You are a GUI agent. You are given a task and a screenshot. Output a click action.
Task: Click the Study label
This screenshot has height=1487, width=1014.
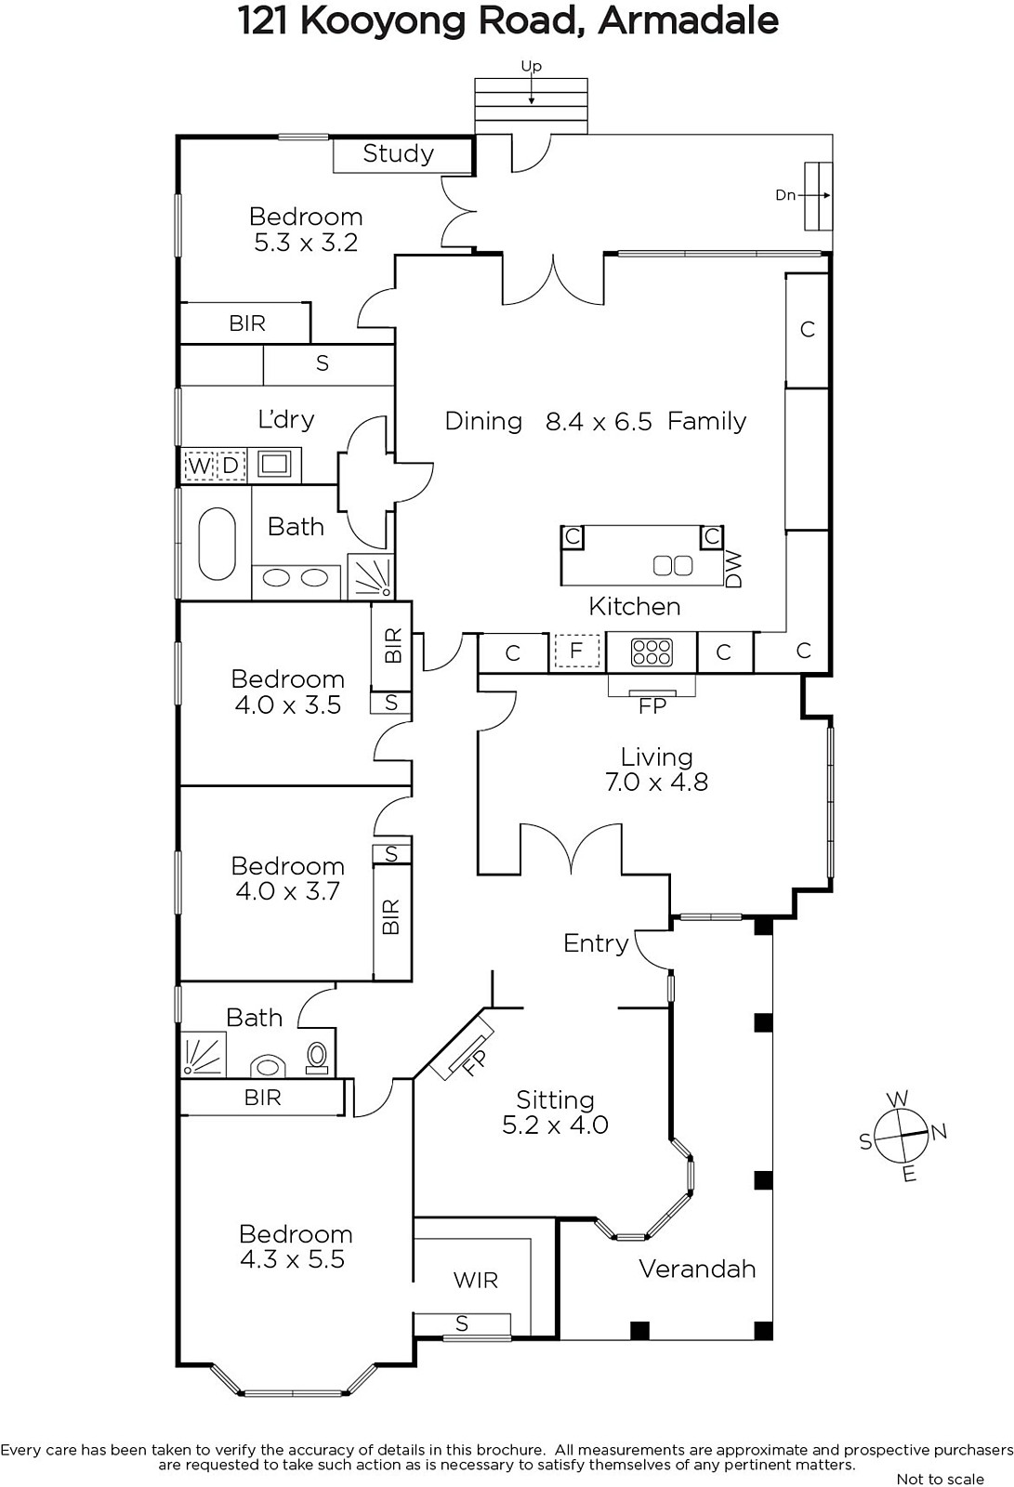point(399,154)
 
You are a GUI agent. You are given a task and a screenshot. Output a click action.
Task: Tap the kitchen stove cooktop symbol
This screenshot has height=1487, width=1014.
point(652,651)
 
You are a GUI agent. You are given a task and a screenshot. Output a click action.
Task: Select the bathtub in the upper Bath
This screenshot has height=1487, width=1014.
point(217,545)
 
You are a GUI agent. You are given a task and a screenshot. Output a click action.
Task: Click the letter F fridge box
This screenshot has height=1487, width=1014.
point(576,651)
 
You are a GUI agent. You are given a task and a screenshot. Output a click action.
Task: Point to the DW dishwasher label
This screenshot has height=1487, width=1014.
point(733,570)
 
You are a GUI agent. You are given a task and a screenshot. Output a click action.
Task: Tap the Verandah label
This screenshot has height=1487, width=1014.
point(697,1269)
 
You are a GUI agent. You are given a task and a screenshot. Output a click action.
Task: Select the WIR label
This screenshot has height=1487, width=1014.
point(476,1280)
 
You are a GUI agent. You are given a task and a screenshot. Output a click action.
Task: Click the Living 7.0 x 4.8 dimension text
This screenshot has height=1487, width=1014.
point(657,782)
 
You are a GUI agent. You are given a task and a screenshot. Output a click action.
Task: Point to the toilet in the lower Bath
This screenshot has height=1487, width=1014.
point(318,1057)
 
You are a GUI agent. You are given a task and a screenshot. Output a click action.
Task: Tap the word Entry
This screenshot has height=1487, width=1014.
point(596,943)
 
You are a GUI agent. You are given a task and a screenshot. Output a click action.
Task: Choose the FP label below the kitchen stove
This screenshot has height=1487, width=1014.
point(652,706)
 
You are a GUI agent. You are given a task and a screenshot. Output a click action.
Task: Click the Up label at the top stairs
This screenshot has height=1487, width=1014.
point(532,66)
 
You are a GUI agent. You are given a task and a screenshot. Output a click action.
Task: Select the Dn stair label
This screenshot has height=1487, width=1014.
point(785,195)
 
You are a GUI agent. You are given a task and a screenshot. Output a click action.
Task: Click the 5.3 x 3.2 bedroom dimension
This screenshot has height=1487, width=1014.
point(306,243)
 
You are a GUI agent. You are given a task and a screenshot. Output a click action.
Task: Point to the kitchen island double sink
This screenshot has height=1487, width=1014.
point(673,566)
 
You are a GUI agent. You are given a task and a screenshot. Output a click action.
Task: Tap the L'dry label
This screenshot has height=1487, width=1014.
point(286,419)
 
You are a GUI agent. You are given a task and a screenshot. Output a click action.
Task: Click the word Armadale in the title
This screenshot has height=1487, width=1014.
point(688,21)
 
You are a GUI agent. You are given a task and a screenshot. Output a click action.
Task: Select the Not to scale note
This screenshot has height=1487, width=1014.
point(941,1479)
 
